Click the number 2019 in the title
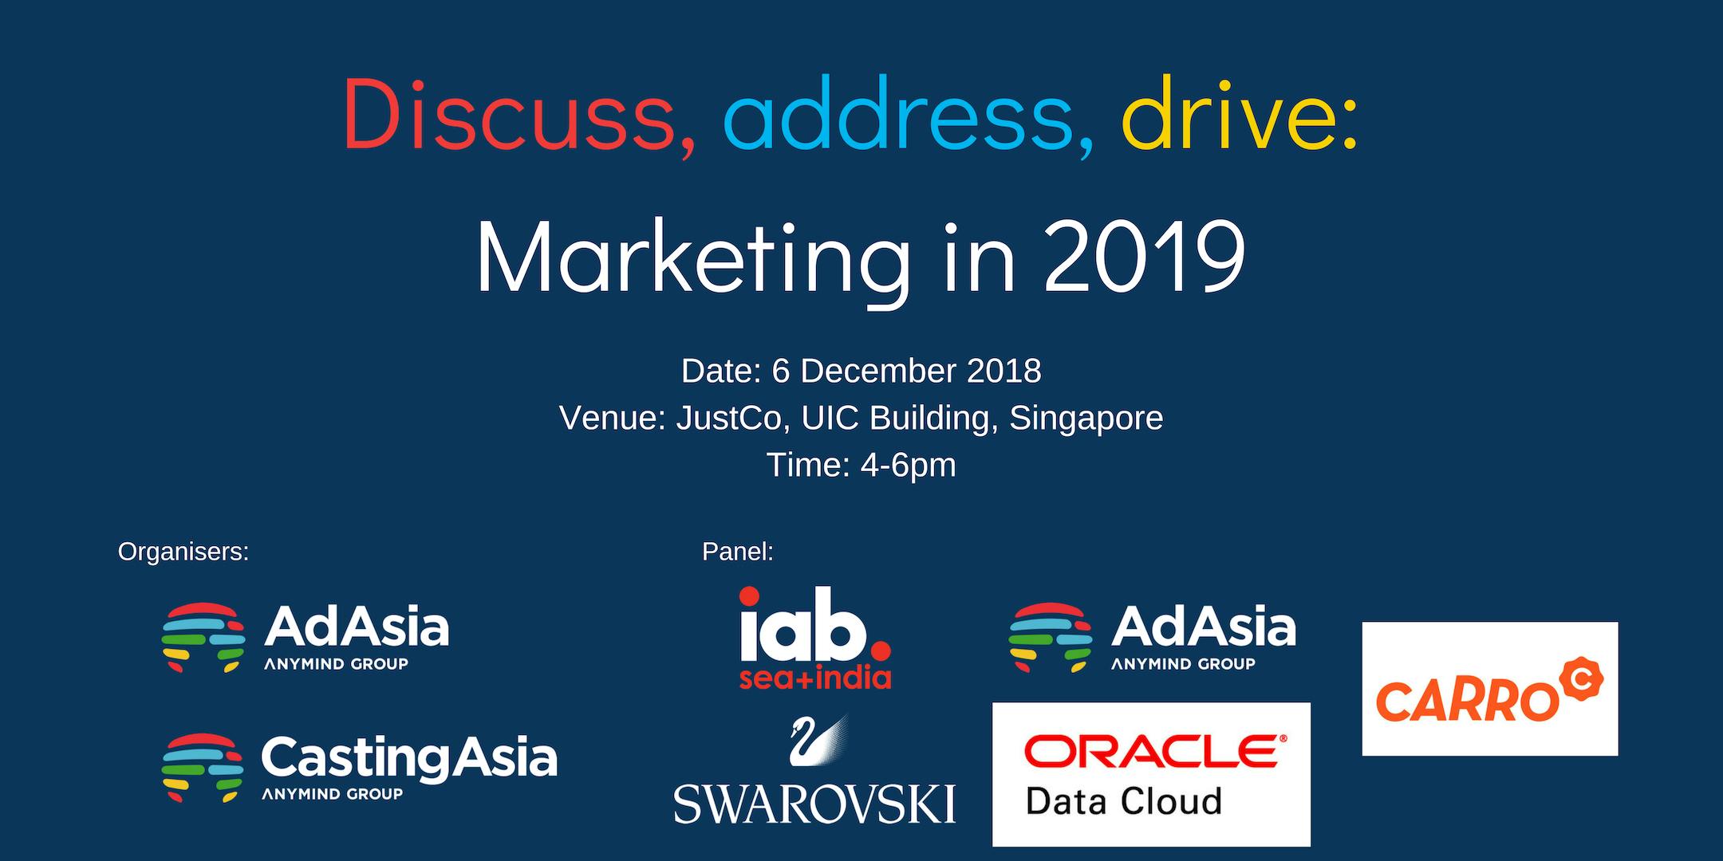coord(1145,257)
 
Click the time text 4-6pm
coord(908,466)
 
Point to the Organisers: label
coord(183,552)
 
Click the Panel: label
coord(738,552)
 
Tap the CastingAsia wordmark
coord(409,759)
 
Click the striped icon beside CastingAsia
coord(203,768)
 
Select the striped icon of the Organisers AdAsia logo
coord(203,637)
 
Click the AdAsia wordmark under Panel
coord(1204,627)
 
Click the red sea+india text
coord(815,678)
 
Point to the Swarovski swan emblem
coord(818,740)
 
